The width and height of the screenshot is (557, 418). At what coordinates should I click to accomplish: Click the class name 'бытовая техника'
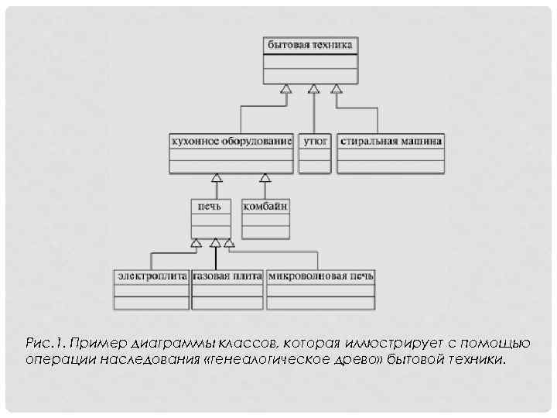tap(310, 46)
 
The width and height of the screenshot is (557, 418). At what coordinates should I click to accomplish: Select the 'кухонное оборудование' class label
tap(231, 142)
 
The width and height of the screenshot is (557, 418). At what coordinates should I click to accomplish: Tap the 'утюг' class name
tap(315, 142)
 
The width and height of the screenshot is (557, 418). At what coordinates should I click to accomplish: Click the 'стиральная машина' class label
tap(391, 142)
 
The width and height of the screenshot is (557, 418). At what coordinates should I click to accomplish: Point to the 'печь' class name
tap(210, 206)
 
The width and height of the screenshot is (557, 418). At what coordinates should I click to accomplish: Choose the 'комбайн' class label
tap(266, 206)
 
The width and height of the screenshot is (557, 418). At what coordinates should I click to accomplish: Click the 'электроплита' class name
tap(152, 276)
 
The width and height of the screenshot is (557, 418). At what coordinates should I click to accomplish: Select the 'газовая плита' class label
tap(227, 276)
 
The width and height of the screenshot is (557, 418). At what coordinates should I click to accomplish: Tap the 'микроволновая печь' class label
tap(320, 276)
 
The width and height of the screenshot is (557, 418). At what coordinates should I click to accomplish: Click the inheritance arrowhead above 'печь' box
tap(217, 178)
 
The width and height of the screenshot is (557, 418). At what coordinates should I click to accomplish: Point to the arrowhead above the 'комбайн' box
tap(265, 178)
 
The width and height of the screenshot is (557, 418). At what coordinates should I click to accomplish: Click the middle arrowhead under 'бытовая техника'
tap(313, 88)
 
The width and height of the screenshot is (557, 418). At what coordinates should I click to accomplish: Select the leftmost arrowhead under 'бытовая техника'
tap(286, 88)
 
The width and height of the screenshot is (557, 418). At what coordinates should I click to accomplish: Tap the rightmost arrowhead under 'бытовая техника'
tap(337, 88)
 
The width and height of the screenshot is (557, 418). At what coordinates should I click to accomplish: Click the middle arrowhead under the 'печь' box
tap(216, 243)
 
